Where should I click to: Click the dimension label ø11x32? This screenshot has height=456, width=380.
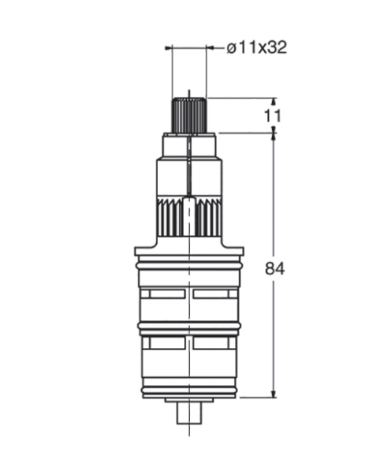[257, 47]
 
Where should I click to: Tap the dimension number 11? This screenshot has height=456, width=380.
[273, 116]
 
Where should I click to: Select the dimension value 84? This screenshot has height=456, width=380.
[274, 268]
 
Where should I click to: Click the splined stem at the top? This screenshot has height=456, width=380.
[189, 115]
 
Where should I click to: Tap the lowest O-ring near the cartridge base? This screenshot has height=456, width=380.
[189, 390]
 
